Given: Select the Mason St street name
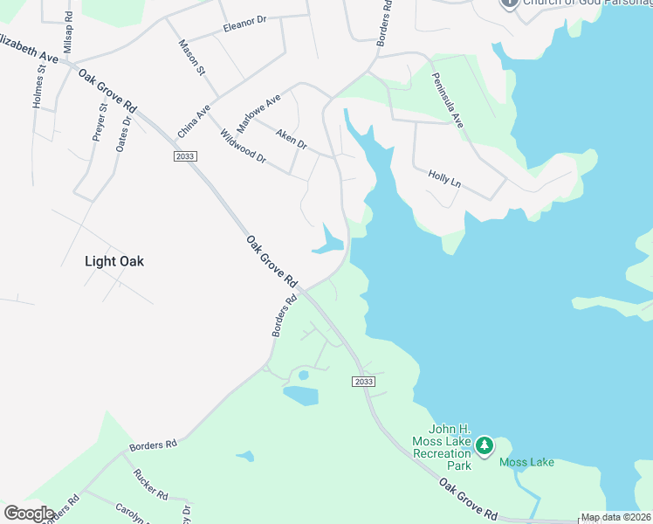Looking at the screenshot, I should [191, 57].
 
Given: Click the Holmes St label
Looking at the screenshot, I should [38, 89].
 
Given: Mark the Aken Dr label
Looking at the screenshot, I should [291, 137].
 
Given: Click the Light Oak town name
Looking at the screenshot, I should [113, 261].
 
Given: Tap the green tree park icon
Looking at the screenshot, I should [484, 446].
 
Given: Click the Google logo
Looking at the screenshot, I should [29, 514].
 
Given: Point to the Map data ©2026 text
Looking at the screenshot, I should [615, 517].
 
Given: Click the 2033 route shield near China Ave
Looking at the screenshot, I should [185, 156].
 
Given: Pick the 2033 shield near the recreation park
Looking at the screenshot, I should [365, 382].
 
